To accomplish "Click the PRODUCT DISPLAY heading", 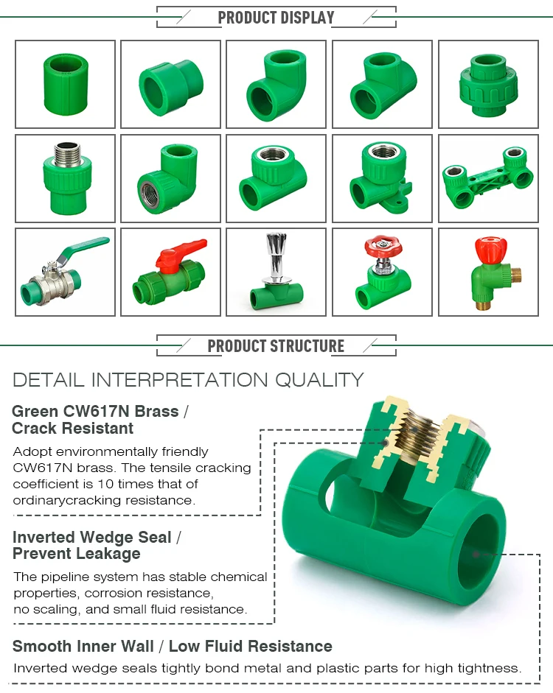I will pos(276,18).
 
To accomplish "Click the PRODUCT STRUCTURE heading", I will pos(276,346).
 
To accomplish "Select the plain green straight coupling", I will pos(66,83).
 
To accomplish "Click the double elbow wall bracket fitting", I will pos(487,177).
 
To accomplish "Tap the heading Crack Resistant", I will pos(72,429).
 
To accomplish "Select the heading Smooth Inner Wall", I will pos(83,647).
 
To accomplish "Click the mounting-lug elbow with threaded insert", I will pos(381,177).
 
